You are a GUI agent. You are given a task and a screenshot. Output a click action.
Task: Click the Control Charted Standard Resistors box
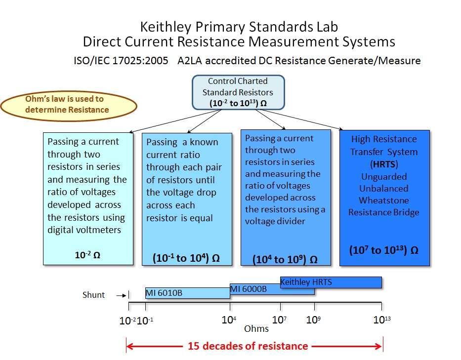click(238, 92)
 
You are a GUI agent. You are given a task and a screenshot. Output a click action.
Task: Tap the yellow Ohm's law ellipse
click(69, 105)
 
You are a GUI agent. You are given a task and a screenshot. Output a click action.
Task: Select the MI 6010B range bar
click(187, 293)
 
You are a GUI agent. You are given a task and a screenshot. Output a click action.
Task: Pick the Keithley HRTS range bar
click(331, 282)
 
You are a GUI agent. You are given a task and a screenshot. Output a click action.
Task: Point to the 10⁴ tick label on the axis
click(228, 320)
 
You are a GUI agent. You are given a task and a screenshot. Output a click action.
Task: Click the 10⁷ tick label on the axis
click(279, 320)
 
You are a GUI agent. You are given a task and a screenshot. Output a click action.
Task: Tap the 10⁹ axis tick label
click(313, 320)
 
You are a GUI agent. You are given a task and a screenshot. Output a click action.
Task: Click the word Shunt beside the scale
click(93, 295)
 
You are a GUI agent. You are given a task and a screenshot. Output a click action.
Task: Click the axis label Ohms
click(256, 328)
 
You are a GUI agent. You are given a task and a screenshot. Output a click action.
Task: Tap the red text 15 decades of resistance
click(248, 346)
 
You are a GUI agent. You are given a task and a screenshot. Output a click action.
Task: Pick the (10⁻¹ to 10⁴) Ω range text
click(186, 258)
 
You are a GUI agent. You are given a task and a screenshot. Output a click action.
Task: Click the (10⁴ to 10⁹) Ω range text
click(285, 259)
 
